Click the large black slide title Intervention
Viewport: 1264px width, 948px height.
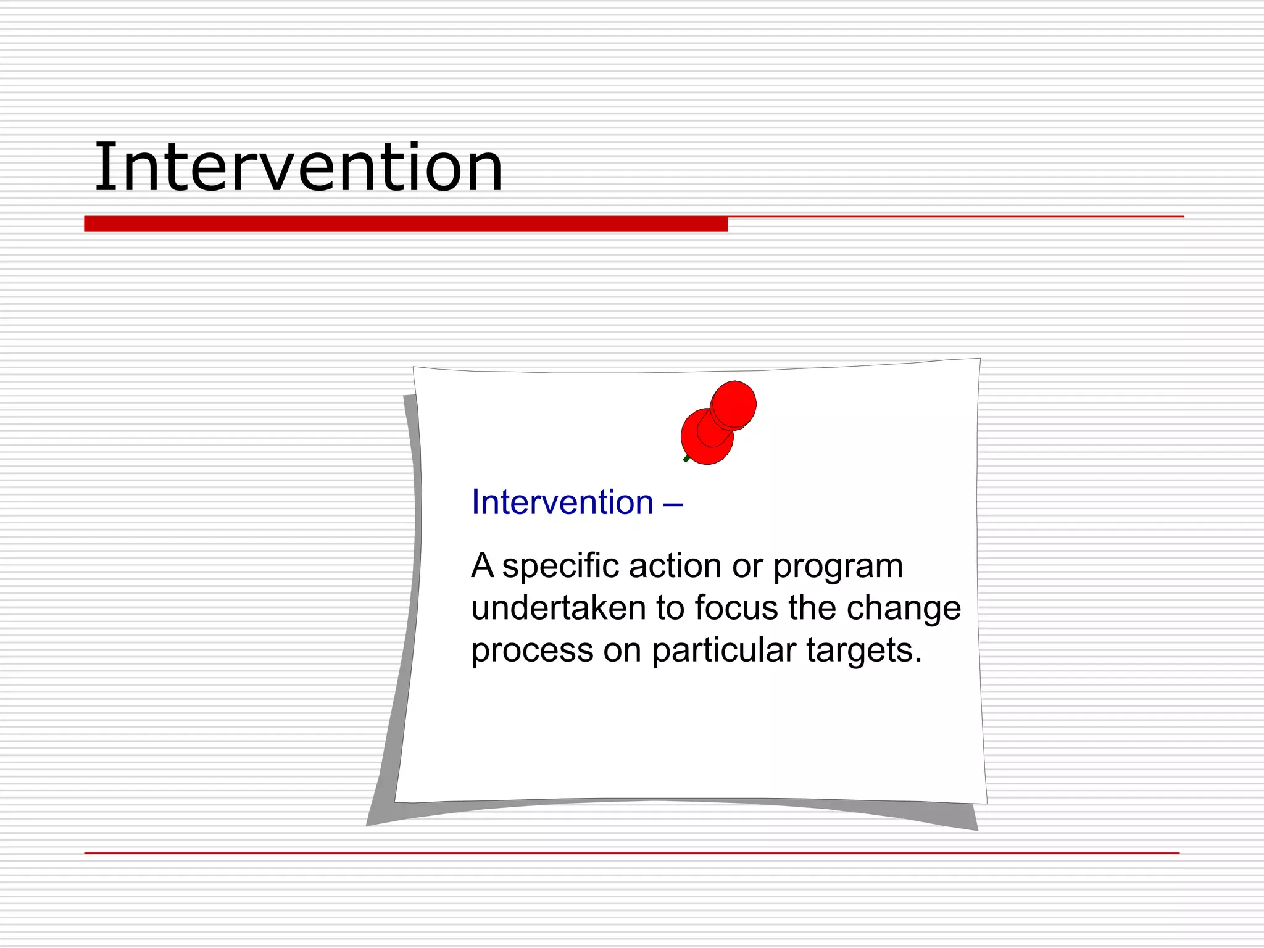tap(298, 168)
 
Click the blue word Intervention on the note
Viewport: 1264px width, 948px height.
tap(562, 502)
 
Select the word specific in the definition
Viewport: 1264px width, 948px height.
tap(560, 567)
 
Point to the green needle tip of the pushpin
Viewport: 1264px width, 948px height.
tap(686, 459)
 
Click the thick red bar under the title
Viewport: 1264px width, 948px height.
tap(405, 223)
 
